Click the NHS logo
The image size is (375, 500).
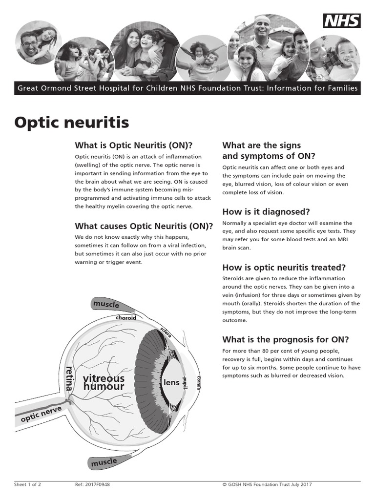coord(342,21)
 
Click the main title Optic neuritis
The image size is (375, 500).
coord(72,122)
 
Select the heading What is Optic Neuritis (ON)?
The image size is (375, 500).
coord(134,146)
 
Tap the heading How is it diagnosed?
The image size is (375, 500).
coord(266,212)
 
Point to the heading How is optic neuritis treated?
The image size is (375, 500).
coord(284,268)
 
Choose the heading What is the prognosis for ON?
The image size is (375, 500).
coord(286,340)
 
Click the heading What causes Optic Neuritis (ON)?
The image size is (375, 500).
coord(144,226)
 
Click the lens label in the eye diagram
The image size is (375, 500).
coord(171,383)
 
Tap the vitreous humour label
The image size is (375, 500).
coord(104,382)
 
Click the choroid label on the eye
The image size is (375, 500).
coord(126,317)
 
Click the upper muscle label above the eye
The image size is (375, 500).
coord(106,305)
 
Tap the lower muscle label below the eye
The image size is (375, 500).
coord(104,461)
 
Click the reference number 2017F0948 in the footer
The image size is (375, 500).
coord(86,485)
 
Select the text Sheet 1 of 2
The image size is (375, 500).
coord(27,485)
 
